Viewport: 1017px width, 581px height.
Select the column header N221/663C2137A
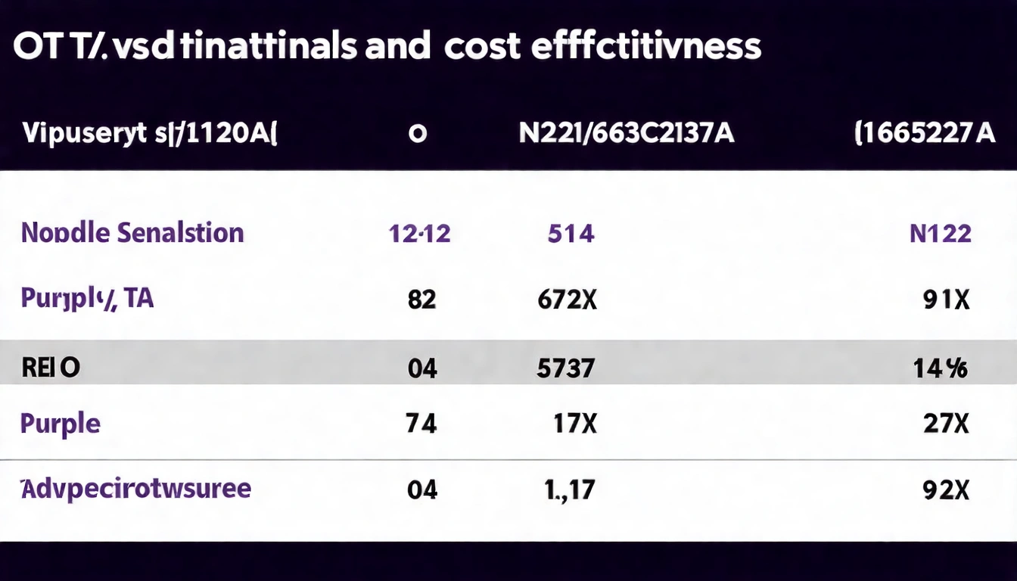coord(626,135)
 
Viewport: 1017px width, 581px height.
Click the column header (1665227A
coord(924,135)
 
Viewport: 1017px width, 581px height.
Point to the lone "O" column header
coord(417,135)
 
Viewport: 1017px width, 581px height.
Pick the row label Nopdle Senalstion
coord(132,232)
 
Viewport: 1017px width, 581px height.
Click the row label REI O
coord(51,368)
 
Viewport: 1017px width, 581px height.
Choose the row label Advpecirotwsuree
coord(135,489)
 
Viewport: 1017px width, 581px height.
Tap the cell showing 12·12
coord(419,233)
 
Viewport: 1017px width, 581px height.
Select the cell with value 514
coord(571,233)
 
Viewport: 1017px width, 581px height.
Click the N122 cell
coord(940,233)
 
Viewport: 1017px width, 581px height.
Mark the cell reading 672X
coord(567,300)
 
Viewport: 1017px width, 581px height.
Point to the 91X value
coord(947,300)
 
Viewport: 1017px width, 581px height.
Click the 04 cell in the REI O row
coord(422,369)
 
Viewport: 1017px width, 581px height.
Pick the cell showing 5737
coord(565,369)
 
